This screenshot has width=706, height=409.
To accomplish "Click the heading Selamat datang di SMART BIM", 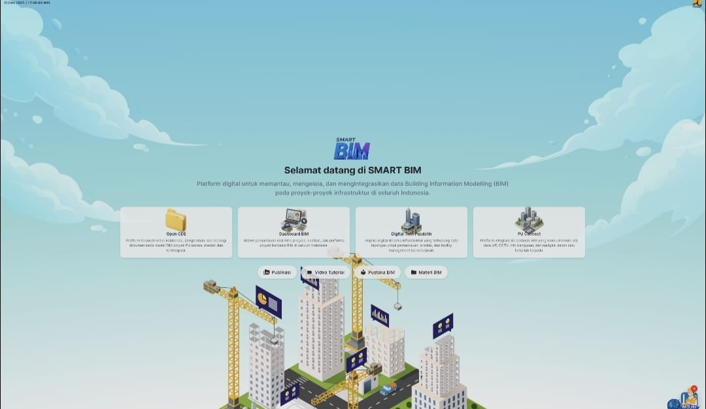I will click(352, 170).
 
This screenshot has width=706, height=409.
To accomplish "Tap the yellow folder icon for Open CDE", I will click(176, 220).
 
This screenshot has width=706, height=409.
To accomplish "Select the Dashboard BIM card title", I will click(294, 234).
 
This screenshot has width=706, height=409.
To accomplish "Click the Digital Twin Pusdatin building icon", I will click(411, 219).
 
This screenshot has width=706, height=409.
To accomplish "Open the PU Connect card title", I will click(529, 234).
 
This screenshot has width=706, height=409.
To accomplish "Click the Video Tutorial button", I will click(326, 272).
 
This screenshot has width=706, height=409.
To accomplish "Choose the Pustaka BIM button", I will click(377, 272).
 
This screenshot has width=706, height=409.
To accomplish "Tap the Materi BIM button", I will click(426, 272).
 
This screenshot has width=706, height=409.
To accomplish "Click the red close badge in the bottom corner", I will click(694, 389).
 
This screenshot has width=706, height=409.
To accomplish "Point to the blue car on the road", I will click(388, 388).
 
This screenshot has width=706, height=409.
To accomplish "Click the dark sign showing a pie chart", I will click(268, 302).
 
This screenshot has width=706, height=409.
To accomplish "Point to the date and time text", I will click(26, 3).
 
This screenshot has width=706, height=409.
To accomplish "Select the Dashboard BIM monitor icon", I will click(294, 219).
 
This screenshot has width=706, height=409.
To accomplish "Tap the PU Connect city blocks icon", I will click(529, 219).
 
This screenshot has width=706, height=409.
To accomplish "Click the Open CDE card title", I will click(176, 234).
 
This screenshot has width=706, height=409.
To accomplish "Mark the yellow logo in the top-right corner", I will click(697, 3).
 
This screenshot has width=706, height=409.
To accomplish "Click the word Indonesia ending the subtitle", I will click(412, 193).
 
